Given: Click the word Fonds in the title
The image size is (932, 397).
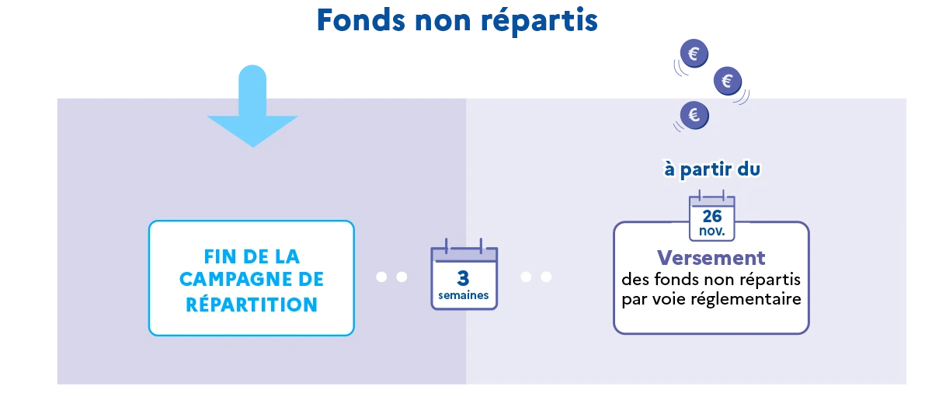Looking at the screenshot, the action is click(360, 20).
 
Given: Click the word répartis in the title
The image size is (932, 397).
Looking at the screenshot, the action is click(539, 23).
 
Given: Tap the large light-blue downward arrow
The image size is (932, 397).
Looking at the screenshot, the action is click(252, 106).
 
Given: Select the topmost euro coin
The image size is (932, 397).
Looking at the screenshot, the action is click(694, 54).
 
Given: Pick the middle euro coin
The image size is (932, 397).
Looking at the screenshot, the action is click(728, 81).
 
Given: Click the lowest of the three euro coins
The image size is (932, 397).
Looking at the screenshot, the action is click(694, 115).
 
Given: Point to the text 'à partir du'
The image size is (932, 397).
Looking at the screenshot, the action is click(712, 169).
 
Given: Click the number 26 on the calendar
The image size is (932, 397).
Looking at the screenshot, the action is click(712, 216).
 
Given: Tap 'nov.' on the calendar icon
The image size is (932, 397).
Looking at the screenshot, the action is click(712, 231).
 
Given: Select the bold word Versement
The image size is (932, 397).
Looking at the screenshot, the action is click(711, 258).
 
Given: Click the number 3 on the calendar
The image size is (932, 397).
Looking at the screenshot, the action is click(463, 278).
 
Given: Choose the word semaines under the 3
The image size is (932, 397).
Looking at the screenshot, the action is click(464, 295).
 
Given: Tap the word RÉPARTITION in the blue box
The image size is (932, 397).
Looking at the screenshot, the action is click(252, 305).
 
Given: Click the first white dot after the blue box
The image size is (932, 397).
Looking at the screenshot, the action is click(381, 277).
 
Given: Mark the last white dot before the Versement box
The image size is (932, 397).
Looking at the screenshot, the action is click(546, 277).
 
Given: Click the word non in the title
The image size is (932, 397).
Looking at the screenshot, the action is click(443, 23).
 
